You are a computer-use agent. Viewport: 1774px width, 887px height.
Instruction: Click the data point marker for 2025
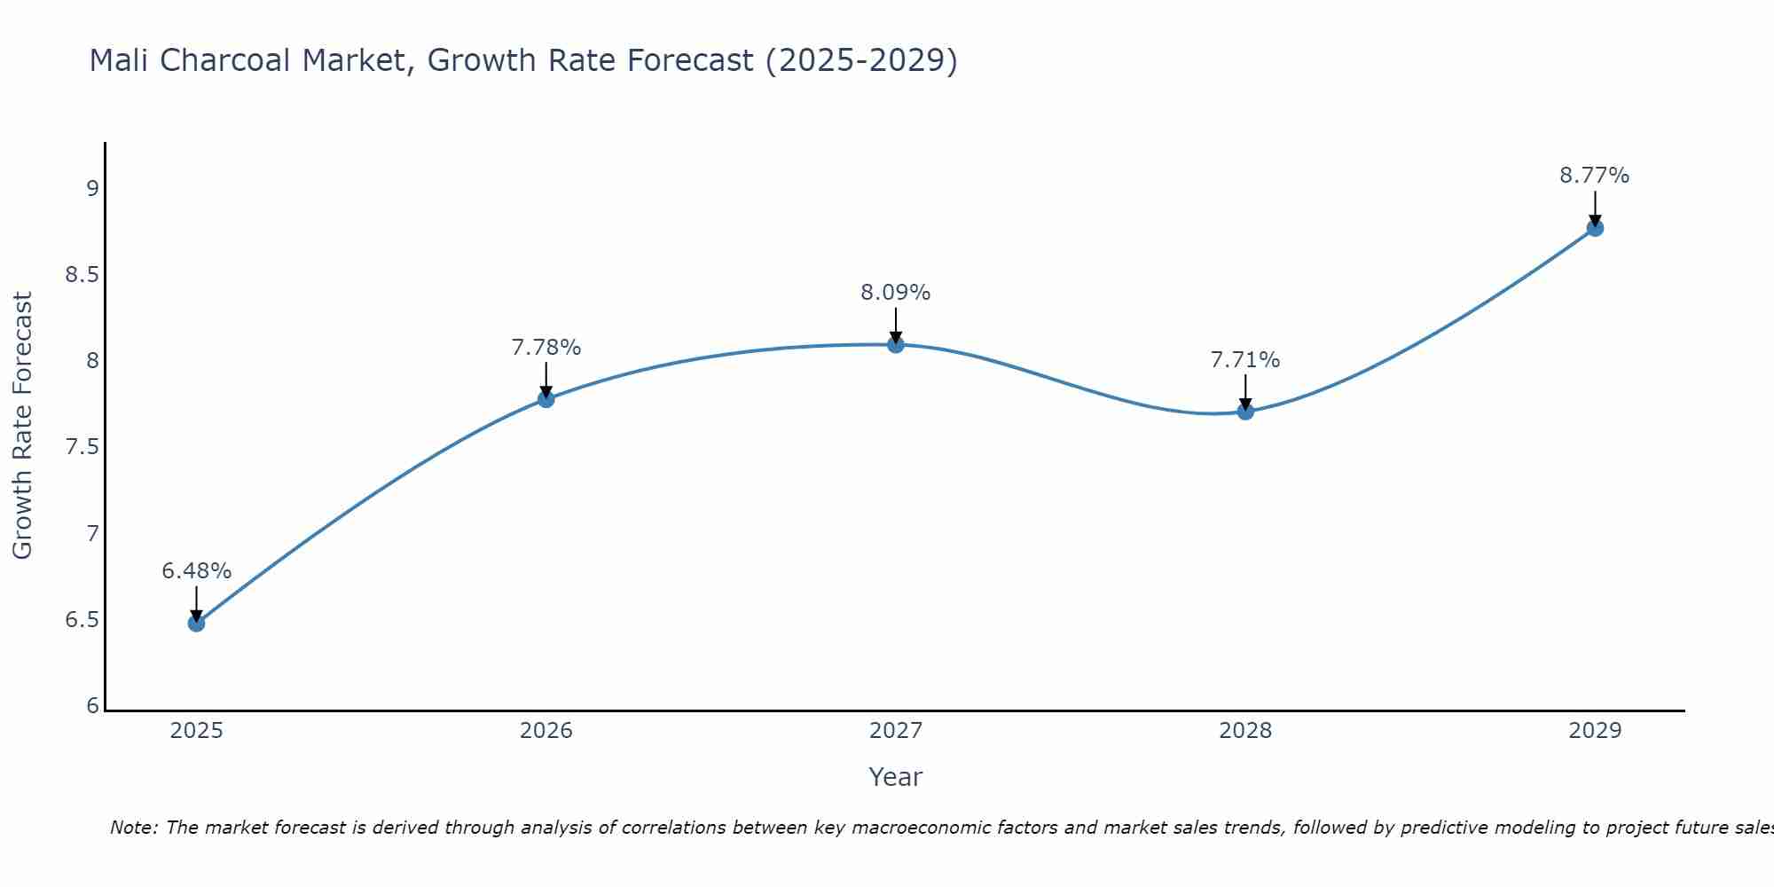pyautogui.click(x=196, y=624)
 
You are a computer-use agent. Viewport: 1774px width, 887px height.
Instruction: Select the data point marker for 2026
pyautogui.click(x=546, y=399)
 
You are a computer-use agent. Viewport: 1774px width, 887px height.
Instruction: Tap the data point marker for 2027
pyautogui.click(x=896, y=345)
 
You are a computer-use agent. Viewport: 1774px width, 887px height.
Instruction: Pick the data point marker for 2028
pyautogui.click(x=1245, y=412)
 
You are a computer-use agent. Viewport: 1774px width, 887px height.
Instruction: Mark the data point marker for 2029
pyautogui.click(x=1595, y=228)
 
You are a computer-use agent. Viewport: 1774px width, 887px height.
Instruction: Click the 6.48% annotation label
pyautogui.click(x=196, y=571)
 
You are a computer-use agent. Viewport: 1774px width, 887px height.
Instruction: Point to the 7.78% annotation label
pyautogui.click(x=546, y=348)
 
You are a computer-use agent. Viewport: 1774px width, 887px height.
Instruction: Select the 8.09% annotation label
pyautogui.click(x=896, y=293)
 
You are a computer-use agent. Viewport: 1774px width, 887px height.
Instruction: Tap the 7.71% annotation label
pyautogui.click(x=1245, y=360)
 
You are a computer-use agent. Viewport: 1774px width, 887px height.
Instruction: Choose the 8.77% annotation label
pyautogui.click(x=1595, y=176)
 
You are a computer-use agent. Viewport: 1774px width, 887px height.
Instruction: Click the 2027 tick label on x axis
pyautogui.click(x=896, y=731)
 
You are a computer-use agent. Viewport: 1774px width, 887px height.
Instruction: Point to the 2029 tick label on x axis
pyautogui.click(x=1595, y=731)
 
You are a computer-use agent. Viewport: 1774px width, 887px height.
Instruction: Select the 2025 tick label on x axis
pyautogui.click(x=196, y=731)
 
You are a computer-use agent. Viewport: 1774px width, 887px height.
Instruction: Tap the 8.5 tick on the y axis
pyautogui.click(x=82, y=275)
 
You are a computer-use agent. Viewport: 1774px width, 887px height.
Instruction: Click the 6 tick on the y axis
pyautogui.click(x=93, y=706)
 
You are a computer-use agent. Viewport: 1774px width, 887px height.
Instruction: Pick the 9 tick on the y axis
pyautogui.click(x=93, y=189)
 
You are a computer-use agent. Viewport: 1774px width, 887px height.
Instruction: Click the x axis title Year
pyautogui.click(x=896, y=777)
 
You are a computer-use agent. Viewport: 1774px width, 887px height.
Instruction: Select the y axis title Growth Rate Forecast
pyautogui.click(x=23, y=426)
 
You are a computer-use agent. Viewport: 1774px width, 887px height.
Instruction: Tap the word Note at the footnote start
pyautogui.click(x=133, y=828)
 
